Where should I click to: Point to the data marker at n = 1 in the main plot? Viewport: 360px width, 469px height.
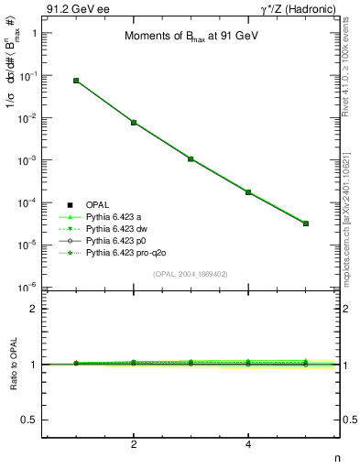pyautogui.click(x=76, y=81)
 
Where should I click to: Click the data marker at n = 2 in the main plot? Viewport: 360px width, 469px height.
pyautogui.click(x=134, y=123)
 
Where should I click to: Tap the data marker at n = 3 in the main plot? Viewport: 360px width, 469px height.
pyautogui.click(x=191, y=158)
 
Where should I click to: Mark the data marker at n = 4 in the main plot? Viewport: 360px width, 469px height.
pyautogui.click(x=248, y=192)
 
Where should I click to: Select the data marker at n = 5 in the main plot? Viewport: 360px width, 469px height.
pyautogui.click(x=306, y=224)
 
